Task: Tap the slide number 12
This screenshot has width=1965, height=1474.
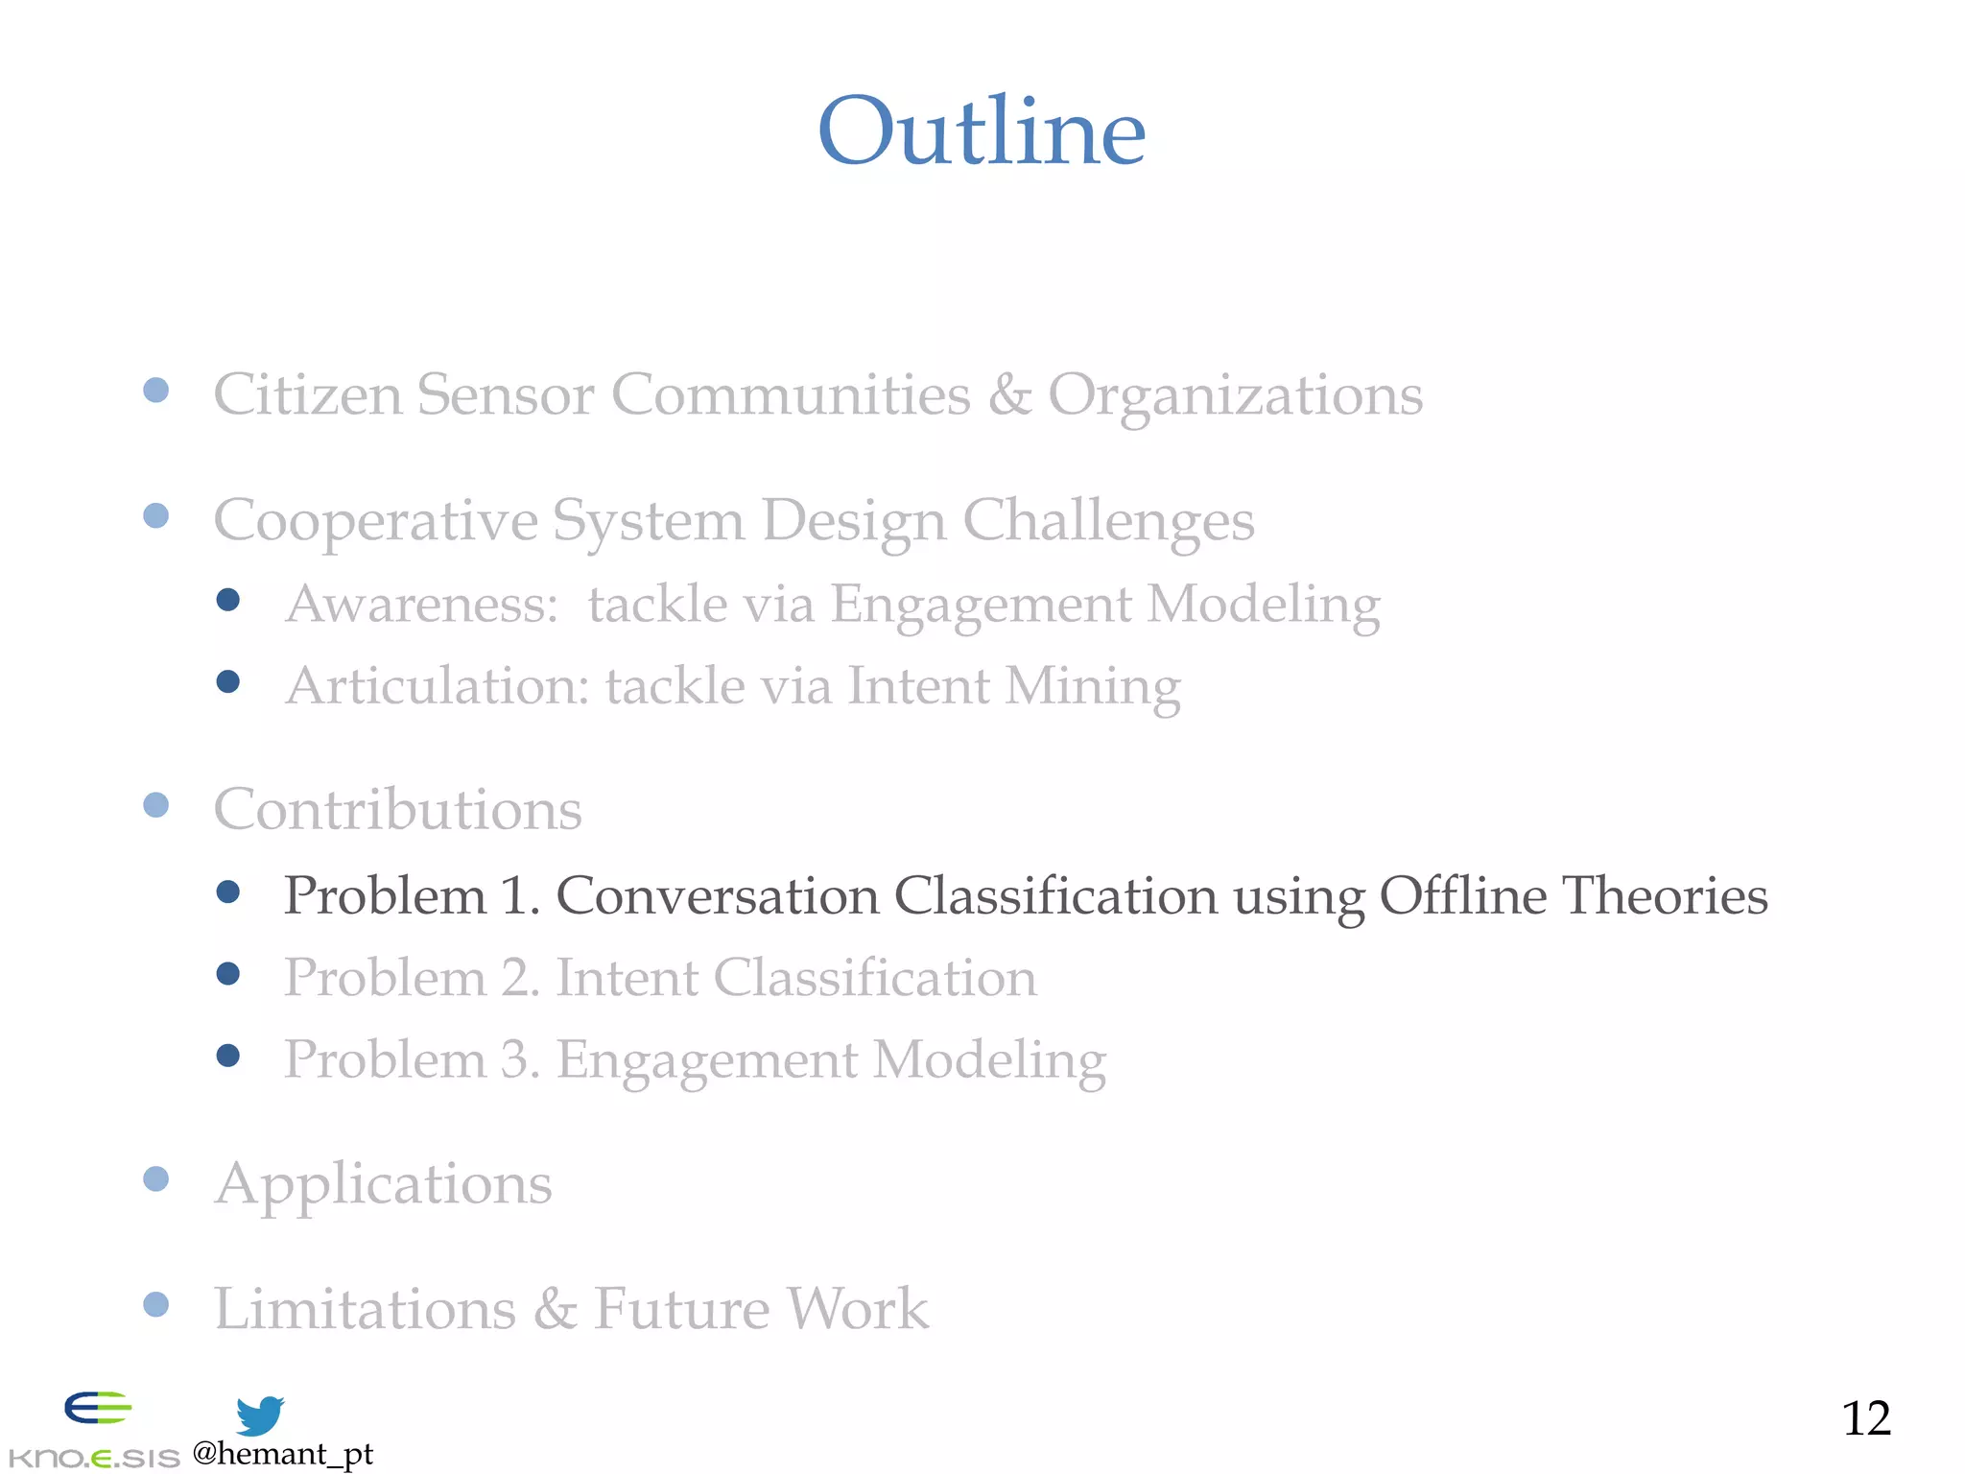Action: pyautogui.click(x=1865, y=1418)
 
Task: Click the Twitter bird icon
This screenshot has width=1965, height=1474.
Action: pyautogui.click(x=259, y=1415)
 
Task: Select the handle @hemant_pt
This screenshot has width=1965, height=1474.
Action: pyautogui.click(x=282, y=1454)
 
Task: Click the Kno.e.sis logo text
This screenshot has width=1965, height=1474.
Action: pyautogui.click(x=94, y=1458)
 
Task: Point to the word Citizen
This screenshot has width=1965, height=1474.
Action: pyautogui.click(x=307, y=394)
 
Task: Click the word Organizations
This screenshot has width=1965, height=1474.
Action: pyautogui.click(x=1235, y=394)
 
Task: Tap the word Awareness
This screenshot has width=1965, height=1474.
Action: pyautogui.click(x=420, y=605)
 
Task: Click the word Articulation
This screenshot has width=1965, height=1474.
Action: pyautogui.click(x=437, y=686)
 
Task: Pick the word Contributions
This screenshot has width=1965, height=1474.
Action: pyautogui.click(x=397, y=809)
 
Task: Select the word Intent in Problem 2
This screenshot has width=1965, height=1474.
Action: pyautogui.click(x=627, y=978)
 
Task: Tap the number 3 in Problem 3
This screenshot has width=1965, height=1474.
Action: pyautogui.click(x=516, y=1059)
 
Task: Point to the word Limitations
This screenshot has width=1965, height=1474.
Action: pyautogui.click(x=365, y=1309)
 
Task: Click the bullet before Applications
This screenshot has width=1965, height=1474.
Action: pyautogui.click(x=155, y=1178)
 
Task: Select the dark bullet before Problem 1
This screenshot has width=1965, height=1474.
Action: pyautogui.click(x=228, y=892)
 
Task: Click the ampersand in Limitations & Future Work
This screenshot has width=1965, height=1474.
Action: pyautogui.click(x=555, y=1309)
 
